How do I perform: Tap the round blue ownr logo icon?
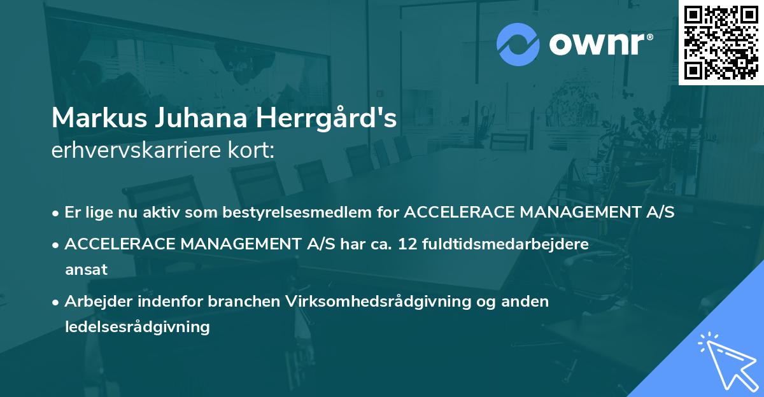[x=518, y=44]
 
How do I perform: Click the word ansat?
[x=86, y=269]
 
